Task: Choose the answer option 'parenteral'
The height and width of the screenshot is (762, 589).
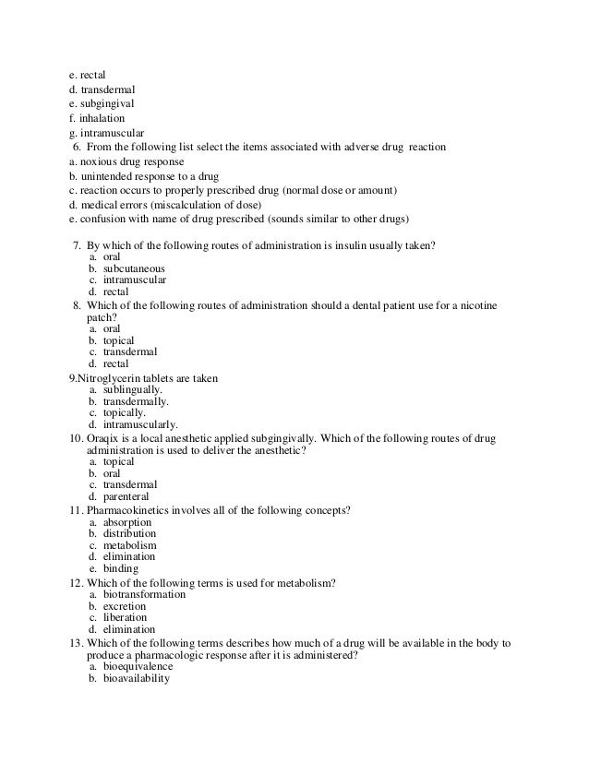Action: [129, 496]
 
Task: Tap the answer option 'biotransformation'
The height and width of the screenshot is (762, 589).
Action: [144, 595]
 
